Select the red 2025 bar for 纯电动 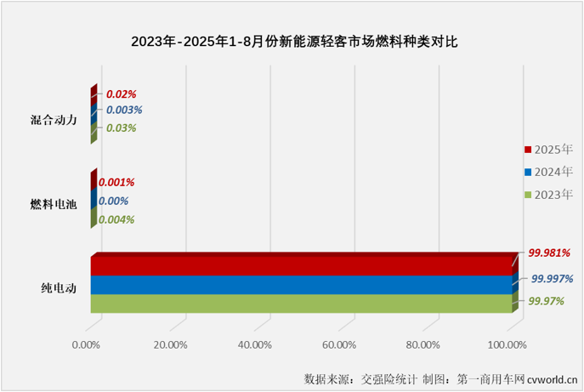pyautogui.click(x=302, y=265)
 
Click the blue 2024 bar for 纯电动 pyautogui.click(x=302, y=285)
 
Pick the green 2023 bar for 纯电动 pyautogui.click(x=302, y=304)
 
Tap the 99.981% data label pyautogui.click(x=548, y=253)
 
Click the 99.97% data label pyautogui.click(x=547, y=301)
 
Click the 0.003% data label pyautogui.click(x=123, y=111)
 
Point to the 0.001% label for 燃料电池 pyautogui.click(x=116, y=182)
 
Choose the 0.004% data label pyautogui.click(x=116, y=219)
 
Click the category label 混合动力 pyautogui.click(x=54, y=120)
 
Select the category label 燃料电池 pyautogui.click(x=54, y=204)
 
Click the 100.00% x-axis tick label pyautogui.click(x=507, y=344)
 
